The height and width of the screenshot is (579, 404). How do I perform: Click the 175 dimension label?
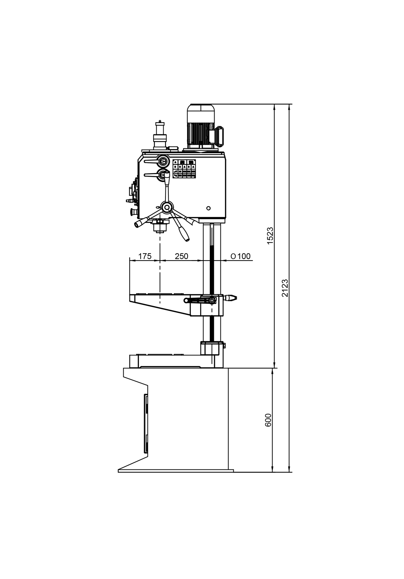pos(145,256)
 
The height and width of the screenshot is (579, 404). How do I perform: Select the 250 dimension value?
pos(181,256)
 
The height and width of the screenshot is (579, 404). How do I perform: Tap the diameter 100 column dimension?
pos(240,256)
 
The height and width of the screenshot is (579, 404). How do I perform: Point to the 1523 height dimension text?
pos(270,235)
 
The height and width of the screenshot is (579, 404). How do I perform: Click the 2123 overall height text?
pos(284,288)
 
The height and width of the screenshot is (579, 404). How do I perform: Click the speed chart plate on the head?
pos(184,169)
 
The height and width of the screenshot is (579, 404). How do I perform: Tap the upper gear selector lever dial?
pos(163,161)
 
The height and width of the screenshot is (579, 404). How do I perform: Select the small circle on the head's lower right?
pos(209,208)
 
